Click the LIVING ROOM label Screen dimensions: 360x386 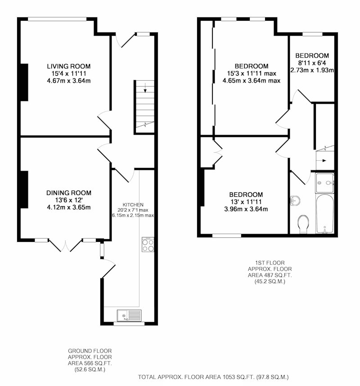click(x=69, y=66)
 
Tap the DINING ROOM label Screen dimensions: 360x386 click(x=69, y=193)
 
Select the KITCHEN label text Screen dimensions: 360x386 click(x=133, y=205)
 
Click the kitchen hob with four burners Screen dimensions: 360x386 click(x=148, y=245)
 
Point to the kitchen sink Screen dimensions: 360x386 click(x=129, y=316)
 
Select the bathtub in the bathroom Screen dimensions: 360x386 click(x=324, y=213)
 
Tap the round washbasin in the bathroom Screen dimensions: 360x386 click(x=295, y=200)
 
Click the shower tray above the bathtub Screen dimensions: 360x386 click(x=324, y=183)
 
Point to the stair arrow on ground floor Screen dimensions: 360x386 click(x=145, y=88)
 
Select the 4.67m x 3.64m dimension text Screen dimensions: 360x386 click(x=69, y=81)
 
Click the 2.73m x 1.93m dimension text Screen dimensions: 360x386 click(x=312, y=70)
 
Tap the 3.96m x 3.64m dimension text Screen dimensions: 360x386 click(x=246, y=209)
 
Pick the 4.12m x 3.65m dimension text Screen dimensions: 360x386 click(x=69, y=207)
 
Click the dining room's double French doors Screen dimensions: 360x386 click(x=65, y=245)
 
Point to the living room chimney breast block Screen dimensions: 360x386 click(x=24, y=82)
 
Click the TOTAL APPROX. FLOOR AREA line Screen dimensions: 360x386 click(x=213, y=377)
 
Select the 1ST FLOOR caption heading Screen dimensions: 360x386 click(x=270, y=263)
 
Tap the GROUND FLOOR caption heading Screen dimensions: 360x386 click(x=90, y=351)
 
